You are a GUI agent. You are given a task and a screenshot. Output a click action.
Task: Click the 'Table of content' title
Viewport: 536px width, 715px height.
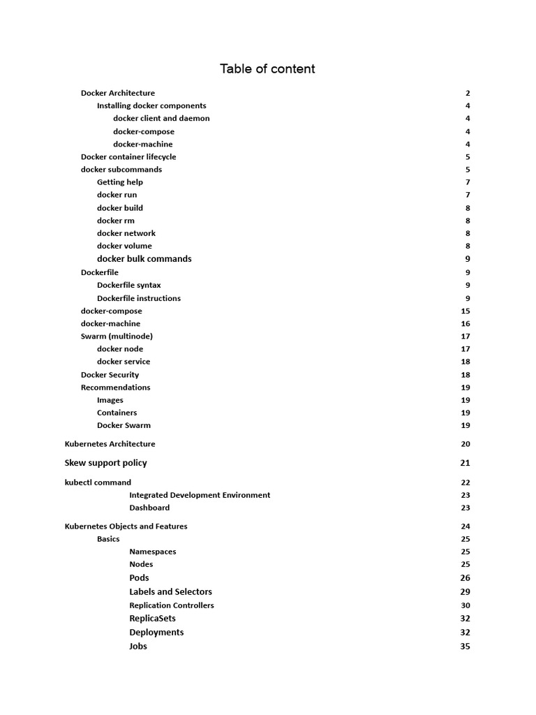267,68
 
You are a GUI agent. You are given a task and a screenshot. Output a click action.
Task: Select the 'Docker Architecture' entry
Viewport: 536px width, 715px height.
118,93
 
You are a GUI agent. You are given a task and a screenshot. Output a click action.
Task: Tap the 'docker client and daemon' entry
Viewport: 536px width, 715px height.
161,119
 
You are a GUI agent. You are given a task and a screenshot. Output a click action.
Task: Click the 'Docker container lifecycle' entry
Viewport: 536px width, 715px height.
128,157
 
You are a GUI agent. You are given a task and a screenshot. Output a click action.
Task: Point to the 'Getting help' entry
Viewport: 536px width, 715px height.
120,182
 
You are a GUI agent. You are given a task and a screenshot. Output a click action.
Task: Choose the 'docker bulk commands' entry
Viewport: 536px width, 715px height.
144,259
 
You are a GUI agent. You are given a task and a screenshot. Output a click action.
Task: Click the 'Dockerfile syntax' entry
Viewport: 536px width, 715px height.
129,285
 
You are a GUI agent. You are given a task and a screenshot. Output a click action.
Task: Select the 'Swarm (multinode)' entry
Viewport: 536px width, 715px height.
117,337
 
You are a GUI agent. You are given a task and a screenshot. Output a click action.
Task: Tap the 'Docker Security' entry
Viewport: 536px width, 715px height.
110,375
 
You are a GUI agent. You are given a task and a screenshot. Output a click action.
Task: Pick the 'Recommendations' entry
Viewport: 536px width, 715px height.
115,388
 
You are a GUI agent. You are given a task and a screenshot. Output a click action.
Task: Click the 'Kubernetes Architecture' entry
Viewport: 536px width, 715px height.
110,444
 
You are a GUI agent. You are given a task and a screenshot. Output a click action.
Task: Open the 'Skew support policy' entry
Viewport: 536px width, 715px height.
106,463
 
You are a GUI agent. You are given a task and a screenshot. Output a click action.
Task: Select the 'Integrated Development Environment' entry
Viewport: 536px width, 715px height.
200,495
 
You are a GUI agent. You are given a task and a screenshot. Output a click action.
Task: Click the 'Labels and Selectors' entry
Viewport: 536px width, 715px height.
171,592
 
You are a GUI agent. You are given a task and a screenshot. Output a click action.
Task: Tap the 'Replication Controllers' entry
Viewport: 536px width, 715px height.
172,605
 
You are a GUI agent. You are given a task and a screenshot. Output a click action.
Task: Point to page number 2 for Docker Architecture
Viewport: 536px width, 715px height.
468,93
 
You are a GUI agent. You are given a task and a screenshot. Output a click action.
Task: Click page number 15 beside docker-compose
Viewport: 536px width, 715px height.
466,311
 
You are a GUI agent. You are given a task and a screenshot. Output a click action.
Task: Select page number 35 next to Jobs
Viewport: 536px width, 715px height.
466,647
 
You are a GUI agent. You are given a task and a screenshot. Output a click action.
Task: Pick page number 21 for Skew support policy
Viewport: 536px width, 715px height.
466,463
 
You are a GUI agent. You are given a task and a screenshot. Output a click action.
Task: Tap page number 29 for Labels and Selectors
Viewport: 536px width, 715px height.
466,592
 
